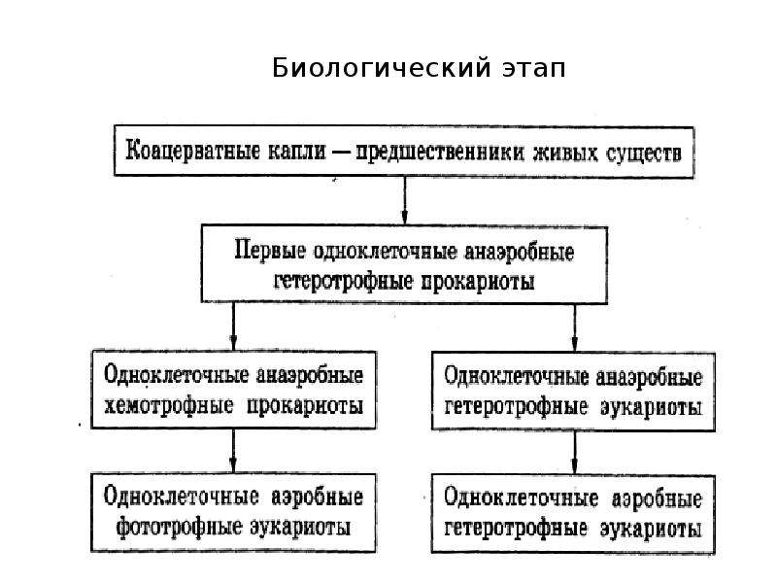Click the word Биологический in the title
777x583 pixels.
point(382,67)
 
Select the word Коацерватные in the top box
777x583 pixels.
point(192,151)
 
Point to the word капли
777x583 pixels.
point(297,152)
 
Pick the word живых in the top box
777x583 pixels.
point(565,154)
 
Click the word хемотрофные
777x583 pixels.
point(168,406)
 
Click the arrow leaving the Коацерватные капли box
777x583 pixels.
point(404,201)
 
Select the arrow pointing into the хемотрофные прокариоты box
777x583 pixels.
point(233,326)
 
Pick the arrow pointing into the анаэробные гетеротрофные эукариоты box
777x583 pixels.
point(574,327)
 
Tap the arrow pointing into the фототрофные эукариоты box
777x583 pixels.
point(233,451)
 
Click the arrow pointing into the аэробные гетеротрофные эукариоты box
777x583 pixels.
point(574,452)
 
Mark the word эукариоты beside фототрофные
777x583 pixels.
point(300,528)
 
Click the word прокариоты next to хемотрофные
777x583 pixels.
point(305,406)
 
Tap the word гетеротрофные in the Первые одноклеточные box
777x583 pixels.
point(344,281)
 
